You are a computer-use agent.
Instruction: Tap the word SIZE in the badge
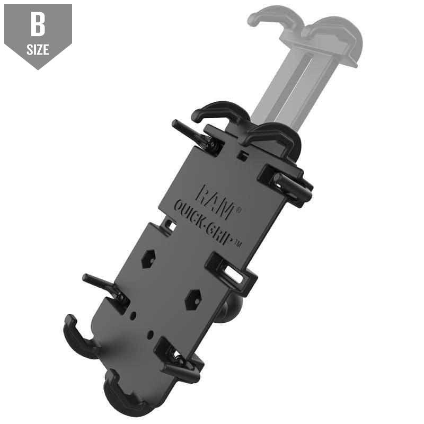click(38, 50)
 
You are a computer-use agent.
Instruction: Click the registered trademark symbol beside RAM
click(239, 209)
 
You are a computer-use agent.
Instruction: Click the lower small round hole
click(152, 334)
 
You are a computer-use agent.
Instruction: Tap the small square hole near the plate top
click(242, 156)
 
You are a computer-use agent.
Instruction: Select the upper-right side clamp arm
click(289, 183)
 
